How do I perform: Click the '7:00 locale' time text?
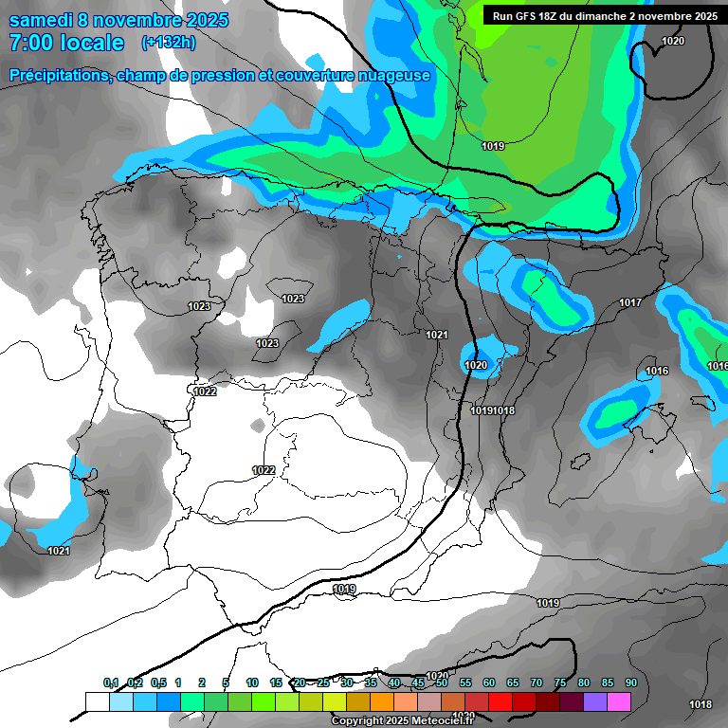tap(66, 43)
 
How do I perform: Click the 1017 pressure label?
tap(630, 302)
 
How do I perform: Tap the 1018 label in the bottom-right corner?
tap(701, 704)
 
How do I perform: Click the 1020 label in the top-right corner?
tap(673, 41)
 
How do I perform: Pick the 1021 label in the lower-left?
tap(59, 550)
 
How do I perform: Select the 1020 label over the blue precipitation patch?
tap(476, 365)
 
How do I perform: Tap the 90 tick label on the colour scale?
tap(631, 682)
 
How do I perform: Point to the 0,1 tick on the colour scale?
tap(111, 682)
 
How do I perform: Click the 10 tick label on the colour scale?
tap(252, 682)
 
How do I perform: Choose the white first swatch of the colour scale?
tap(98, 701)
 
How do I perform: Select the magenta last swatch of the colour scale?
tap(619, 701)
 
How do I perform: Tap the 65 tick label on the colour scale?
tap(513, 682)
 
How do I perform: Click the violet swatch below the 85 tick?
tap(595, 701)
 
